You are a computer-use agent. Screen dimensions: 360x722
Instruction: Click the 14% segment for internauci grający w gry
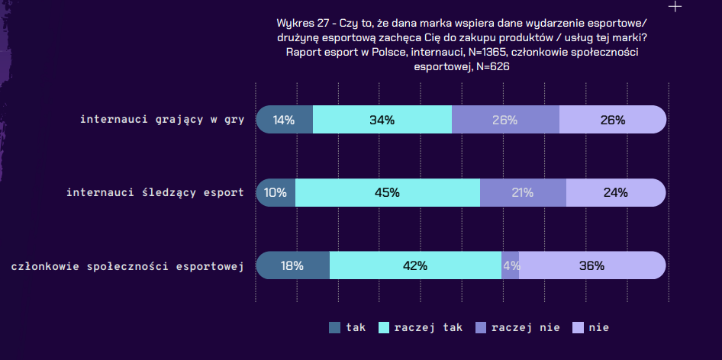tap(284, 120)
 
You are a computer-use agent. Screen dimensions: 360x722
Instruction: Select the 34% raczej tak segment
tap(382, 120)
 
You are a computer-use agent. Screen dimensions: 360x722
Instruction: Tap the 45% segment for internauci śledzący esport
tap(387, 192)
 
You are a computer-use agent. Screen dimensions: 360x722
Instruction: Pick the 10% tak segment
tap(276, 192)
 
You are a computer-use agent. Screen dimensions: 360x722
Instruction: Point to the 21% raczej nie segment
tap(523, 192)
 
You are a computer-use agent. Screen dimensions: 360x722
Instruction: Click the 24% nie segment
tap(615, 192)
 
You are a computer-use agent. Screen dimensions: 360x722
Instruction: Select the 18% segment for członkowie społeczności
tap(292, 265)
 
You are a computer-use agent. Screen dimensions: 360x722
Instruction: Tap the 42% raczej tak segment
tap(415, 265)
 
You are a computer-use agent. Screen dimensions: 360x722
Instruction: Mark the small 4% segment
tap(511, 265)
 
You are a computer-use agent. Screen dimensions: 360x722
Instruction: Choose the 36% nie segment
tap(591, 265)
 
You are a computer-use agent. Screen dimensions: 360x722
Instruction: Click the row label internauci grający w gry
tap(162, 120)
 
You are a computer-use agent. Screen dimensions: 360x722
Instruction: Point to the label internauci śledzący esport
tap(155, 192)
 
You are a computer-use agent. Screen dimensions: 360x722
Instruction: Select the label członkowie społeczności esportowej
tap(127, 266)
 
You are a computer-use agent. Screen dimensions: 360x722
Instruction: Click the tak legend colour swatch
tap(335, 327)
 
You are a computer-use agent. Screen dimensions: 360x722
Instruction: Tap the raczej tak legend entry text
tap(428, 327)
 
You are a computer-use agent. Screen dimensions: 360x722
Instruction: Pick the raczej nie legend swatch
tap(481, 327)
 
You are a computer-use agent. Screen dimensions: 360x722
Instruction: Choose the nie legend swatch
tap(578, 327)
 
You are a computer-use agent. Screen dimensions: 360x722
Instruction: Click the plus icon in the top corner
tap(675, 7)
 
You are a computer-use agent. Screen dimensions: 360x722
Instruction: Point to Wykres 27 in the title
tap(300, 23)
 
